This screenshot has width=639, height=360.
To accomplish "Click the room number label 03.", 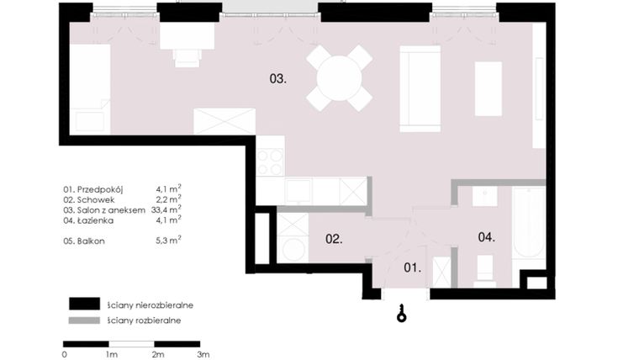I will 278,80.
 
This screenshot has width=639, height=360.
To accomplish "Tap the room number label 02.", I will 334,239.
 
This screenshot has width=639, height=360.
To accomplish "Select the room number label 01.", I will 411,268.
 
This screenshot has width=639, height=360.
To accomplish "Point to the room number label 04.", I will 486,237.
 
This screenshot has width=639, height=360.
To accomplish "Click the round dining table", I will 339,78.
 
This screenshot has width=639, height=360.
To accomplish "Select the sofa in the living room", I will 420,89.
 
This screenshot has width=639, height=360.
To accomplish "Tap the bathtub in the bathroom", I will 529,225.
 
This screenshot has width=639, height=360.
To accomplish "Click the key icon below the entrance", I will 403,313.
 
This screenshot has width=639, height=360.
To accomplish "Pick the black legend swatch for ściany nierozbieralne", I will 85,304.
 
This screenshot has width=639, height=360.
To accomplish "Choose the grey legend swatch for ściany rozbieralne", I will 85,320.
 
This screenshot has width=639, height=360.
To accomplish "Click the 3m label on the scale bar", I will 203,355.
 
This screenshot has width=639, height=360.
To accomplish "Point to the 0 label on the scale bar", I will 65,355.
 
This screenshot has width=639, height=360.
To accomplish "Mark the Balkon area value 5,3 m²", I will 166,241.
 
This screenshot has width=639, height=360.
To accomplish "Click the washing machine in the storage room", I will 292,248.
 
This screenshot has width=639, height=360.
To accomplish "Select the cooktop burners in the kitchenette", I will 270,161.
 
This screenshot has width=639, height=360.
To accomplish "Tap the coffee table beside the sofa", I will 488,88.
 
